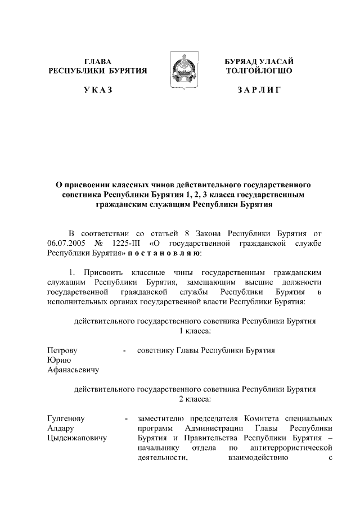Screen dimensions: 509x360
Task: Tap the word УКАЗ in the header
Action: (97, 91)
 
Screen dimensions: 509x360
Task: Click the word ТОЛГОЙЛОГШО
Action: (259, 71)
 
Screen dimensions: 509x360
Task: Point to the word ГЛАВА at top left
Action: (97, 61)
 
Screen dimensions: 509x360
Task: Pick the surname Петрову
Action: (62, 350)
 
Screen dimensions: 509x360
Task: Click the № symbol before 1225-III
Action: (101, 243)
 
